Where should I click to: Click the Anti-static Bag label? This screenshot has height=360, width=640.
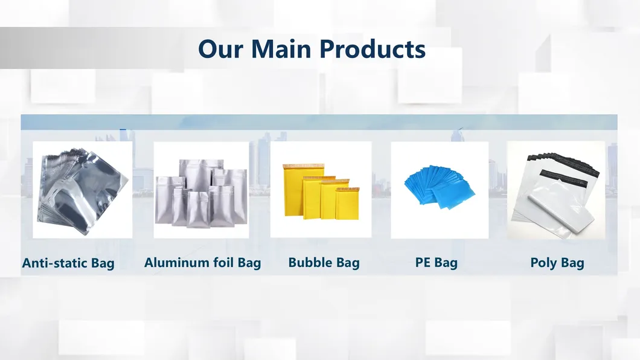(x=68, y=263)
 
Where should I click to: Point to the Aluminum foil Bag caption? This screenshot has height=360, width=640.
(x=202, y=263)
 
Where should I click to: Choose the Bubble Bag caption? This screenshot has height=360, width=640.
(x=324, y=263)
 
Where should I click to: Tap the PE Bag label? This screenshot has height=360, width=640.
(x=436, y=263)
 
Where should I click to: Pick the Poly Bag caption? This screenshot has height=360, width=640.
(x=557, y=263)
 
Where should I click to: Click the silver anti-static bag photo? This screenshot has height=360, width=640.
(x=82, y=188)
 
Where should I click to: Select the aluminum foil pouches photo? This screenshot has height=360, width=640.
(x=201, y=192)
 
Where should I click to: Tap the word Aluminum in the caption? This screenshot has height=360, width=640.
(x=174, y=263)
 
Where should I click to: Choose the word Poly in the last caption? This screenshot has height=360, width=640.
(x=543, y=263)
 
